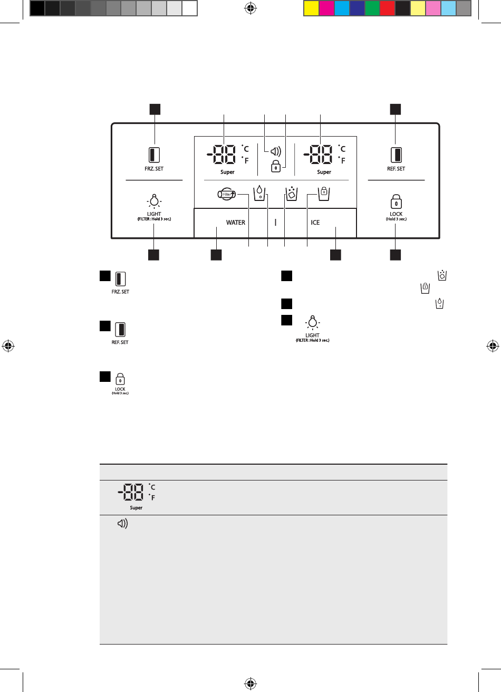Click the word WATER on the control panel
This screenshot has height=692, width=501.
236,223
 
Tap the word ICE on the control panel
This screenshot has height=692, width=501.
315,223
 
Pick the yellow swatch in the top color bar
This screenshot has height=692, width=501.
312,8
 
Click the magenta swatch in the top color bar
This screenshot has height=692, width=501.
327,8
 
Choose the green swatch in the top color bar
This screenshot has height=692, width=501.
372,8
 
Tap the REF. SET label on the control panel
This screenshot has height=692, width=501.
396,169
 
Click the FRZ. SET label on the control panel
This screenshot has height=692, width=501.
155,169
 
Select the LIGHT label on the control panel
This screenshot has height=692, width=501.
154,214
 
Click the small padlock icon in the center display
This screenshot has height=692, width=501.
275,167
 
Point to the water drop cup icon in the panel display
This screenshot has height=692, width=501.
260,193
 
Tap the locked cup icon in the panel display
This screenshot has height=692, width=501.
323,193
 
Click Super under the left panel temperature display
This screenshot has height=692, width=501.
227,172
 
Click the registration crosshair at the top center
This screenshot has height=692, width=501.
250,8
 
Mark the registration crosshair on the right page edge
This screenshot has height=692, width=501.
492,346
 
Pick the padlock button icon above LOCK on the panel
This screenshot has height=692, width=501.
396,202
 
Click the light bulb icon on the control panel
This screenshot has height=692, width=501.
154,200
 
